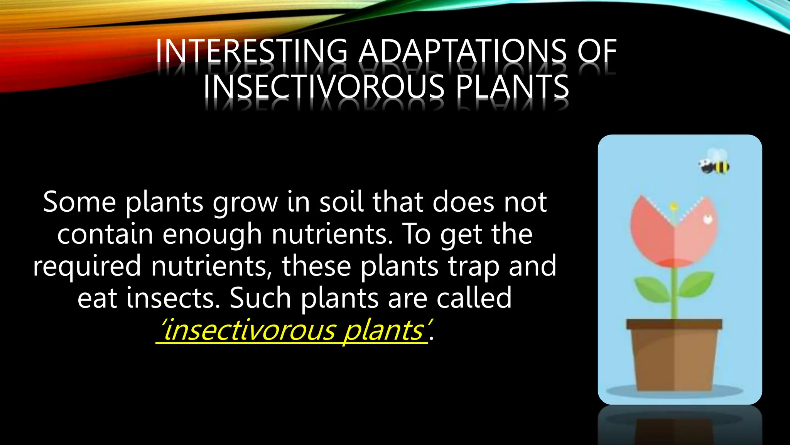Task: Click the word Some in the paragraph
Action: [x=79, y=202]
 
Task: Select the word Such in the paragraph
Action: [x=260, y=298]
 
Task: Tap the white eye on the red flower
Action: [x=707, y=220]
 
